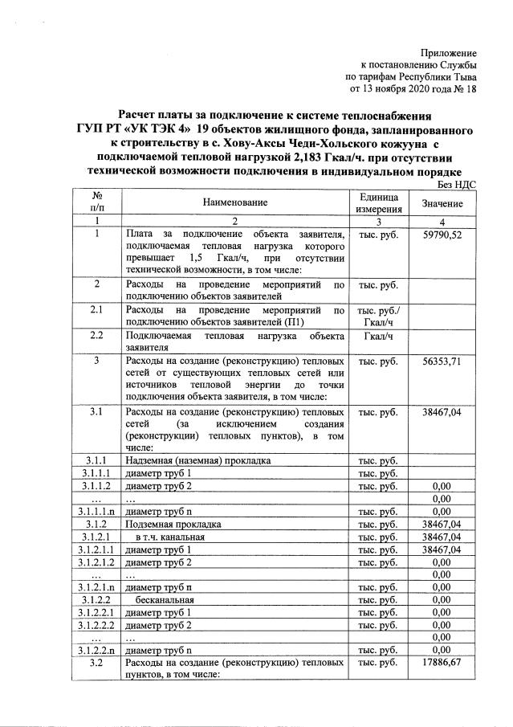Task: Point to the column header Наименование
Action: [x=234, y=206]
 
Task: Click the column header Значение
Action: [x=442, y=206]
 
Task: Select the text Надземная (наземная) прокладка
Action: [x=197, y=459]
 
